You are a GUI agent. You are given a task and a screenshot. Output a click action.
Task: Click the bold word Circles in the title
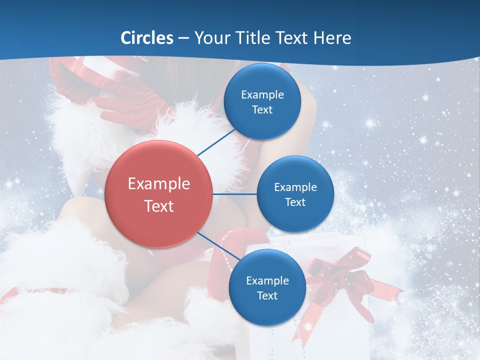coord(147,37)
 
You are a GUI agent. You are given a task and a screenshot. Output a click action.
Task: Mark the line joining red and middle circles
coord(235,194)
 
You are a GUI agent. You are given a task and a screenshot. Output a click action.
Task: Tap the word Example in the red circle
coord(159,184)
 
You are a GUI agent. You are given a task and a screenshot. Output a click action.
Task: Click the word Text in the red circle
coord(159,206)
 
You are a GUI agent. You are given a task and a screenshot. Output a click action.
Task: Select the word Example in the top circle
coord(262,94)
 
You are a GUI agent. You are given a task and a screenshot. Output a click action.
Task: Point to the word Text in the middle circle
coord(295,202)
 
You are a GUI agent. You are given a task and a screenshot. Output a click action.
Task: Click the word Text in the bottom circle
coord(267,296)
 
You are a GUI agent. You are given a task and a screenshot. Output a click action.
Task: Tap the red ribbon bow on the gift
coord(345,275)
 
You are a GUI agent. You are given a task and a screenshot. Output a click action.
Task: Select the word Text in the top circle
coord(262,110)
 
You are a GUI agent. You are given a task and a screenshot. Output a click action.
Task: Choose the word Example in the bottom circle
coord(267,281)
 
